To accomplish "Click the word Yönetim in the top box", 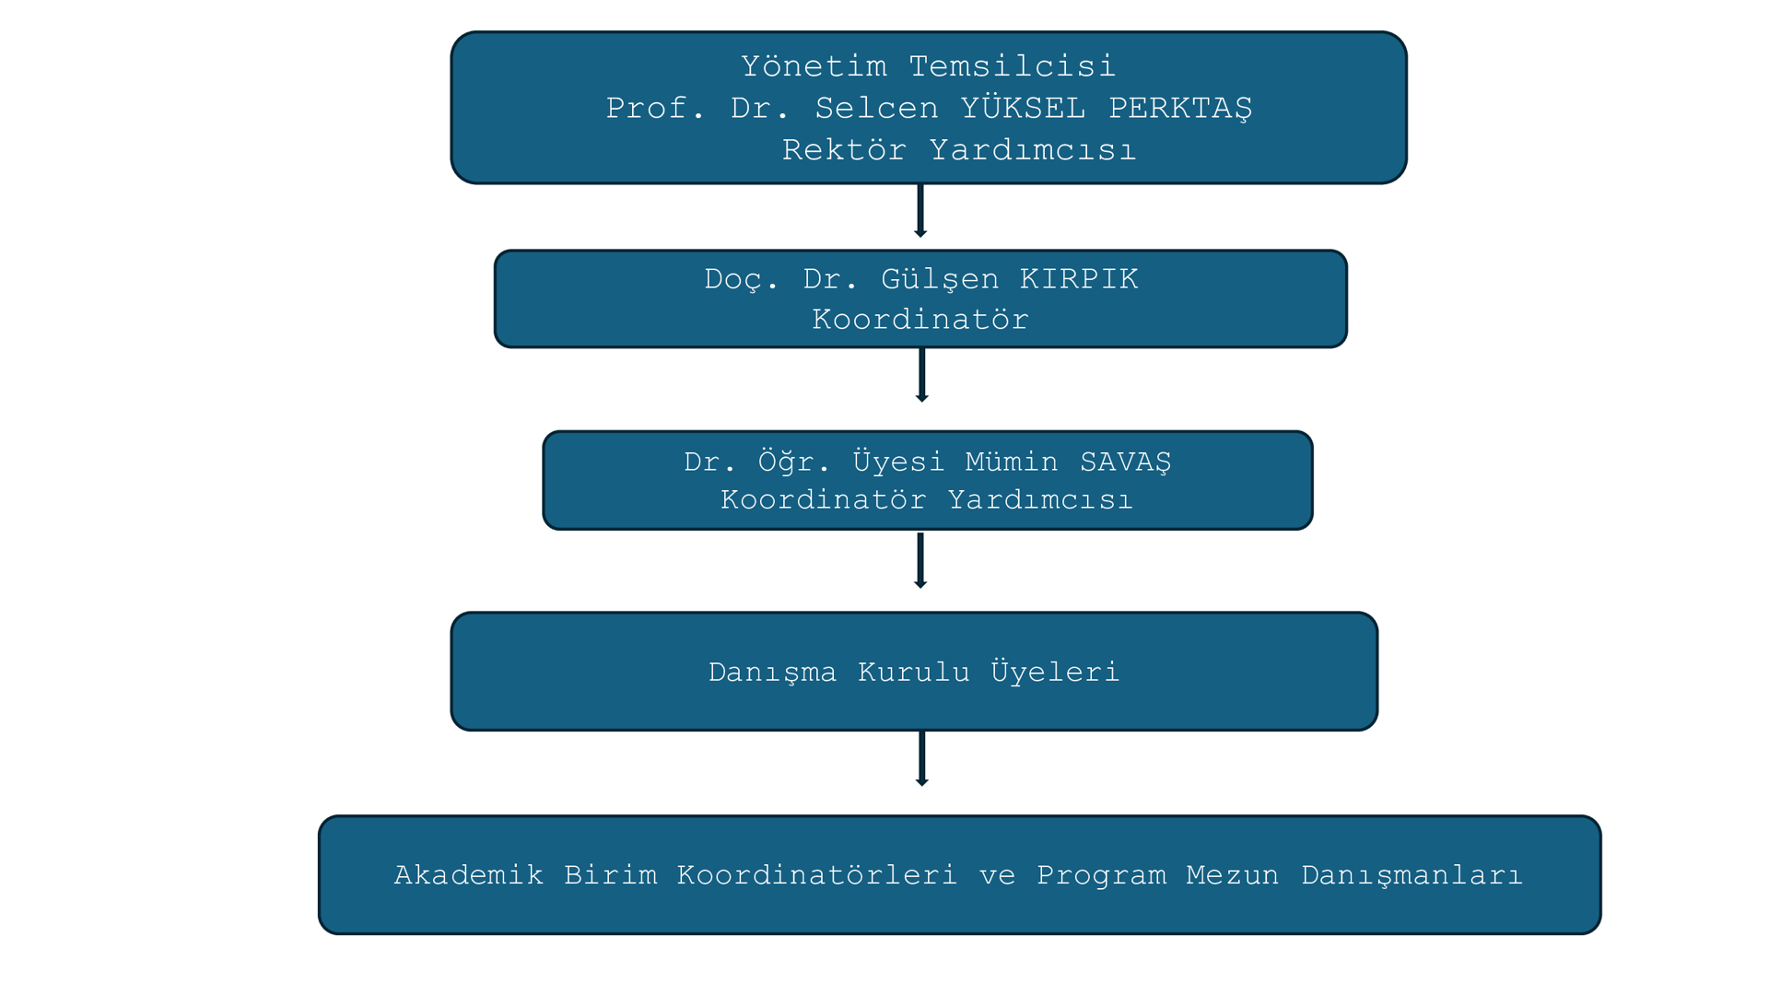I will (814, 66).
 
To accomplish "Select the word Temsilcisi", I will (1012, 66).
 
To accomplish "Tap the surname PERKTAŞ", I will (1180, 109).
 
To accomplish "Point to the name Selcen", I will (876, 109).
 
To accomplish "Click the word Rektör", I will (844, 150).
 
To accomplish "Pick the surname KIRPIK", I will (1079, 279).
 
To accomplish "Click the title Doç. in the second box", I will (741, 279).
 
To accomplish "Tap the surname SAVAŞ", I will (1125, 462).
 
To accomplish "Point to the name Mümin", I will (1012, 462).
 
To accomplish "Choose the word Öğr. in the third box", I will (794, 462).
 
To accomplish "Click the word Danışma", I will (772, 673).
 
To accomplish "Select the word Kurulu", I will (914, 673).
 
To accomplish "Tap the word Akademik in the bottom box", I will (468, 875).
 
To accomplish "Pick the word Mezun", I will (1232, 875).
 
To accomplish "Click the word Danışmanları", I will (1412, 875).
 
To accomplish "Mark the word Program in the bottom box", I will (1101, 875).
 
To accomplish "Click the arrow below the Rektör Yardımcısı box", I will (920, 211).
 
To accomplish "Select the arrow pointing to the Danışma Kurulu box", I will (920, 560).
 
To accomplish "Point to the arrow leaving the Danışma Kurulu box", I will (921, 758).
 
